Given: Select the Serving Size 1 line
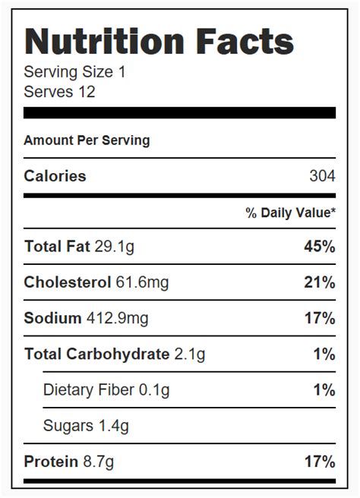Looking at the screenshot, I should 74,73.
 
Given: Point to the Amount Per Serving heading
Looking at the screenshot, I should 87,140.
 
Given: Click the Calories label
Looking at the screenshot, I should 55,176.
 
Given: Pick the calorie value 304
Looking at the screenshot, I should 322,176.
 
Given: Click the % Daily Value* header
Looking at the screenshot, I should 290,213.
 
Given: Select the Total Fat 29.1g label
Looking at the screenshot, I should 80,247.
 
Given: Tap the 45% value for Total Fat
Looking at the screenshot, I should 319,247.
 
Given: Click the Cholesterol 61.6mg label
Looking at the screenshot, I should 96,282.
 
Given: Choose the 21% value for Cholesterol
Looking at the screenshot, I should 319,282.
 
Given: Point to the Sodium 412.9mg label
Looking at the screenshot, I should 86,318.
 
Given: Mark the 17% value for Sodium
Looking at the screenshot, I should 319,318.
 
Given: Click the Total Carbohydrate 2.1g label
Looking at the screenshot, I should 115,354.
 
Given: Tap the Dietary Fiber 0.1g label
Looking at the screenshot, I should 106,390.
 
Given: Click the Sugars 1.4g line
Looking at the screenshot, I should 86,426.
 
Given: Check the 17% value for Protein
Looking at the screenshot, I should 319,462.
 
